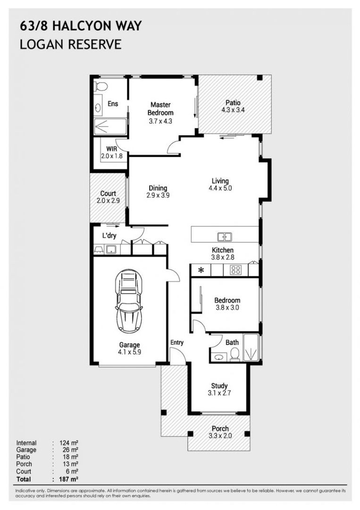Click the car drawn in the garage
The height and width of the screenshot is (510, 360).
tap(129, 301)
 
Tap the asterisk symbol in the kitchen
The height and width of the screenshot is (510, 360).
tap(201, 271)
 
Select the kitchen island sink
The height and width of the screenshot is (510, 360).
tap(224, 237)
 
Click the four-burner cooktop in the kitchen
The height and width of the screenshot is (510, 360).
tap(235, 270)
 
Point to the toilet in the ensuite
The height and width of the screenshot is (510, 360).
tap(100, 86)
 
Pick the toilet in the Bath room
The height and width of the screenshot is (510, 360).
tap(234, 355)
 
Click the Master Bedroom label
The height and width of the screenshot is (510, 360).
tap(160, 109)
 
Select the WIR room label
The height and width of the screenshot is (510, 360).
tap(111, 148)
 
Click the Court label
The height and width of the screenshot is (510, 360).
tap(108, 194)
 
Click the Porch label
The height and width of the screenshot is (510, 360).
tap(220, 429)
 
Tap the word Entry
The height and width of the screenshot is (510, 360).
tap(176, 342)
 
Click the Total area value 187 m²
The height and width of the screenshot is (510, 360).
tap(69, 479)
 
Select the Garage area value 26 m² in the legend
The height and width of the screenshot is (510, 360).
tap(69, 450)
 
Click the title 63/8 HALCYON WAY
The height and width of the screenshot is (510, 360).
tap(81, 26)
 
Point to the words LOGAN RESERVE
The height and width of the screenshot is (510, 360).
tap(71, 44)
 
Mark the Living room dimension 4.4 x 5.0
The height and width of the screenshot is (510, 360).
tap(220, 188)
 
